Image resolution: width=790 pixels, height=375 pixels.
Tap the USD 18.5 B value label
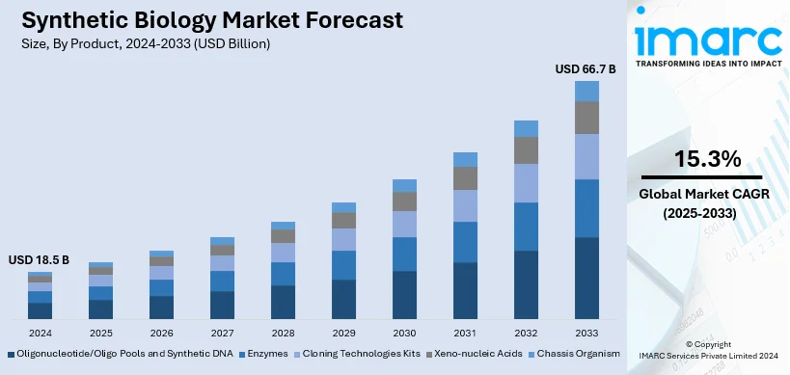pyautogui.click(x=41, y=260)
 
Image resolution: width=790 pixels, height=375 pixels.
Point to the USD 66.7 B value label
pyautogui.click(x=586, y=69)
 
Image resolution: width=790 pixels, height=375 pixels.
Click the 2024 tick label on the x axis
pyautogui.click(x=41, y=333)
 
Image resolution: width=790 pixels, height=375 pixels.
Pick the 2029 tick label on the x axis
pyautogui.click(x=343, y=333)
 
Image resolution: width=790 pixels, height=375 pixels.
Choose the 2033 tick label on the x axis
pyautogui.click(x=586, y=333)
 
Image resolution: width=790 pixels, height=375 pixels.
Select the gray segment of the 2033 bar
pyautogui.click(x=586, y=117)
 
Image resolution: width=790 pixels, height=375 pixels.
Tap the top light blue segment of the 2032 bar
pyautogui.click(x=526, y=128)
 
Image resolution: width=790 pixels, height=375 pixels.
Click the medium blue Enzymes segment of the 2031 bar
pyautogui.click(x=465, y=242)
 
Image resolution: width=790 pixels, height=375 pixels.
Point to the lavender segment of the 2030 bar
pyautogui.click(x=404, y=224)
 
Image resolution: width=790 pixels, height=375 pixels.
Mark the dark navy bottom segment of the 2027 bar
pyautogui.click(x=222, y=305)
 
